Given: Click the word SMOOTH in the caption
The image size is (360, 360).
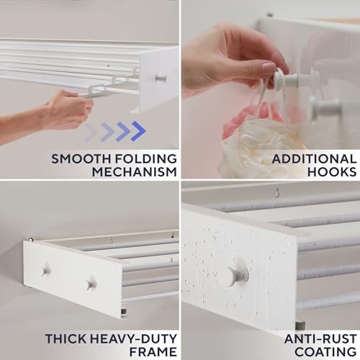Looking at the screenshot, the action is (81, 159).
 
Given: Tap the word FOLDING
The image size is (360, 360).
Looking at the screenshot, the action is (145, 159).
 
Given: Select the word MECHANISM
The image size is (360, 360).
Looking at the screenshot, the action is (135, 172).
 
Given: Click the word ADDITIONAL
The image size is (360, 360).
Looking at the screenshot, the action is (314, 159).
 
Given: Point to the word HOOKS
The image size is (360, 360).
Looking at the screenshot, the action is (332, 172).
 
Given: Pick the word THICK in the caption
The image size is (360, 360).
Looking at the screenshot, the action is (66, 338).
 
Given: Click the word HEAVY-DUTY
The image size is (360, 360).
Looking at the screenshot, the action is (133, 338).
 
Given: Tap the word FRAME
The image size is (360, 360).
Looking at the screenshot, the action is (153, 351).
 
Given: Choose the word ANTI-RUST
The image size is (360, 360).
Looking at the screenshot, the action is (320, 338).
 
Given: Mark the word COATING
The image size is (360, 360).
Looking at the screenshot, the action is (325, 351).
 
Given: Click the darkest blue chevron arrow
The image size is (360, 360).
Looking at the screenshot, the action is (138, 131).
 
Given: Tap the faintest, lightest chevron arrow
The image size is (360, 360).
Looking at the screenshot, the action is (91, 132).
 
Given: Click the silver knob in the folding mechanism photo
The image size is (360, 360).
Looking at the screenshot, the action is (161, 78).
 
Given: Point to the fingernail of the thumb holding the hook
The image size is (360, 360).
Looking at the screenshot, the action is (269, 68).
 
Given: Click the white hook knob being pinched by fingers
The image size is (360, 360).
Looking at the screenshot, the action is (286, 79).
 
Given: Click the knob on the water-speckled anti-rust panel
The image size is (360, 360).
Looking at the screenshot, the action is (236, 275).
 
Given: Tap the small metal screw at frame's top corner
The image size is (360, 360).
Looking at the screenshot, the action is (30, 239).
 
